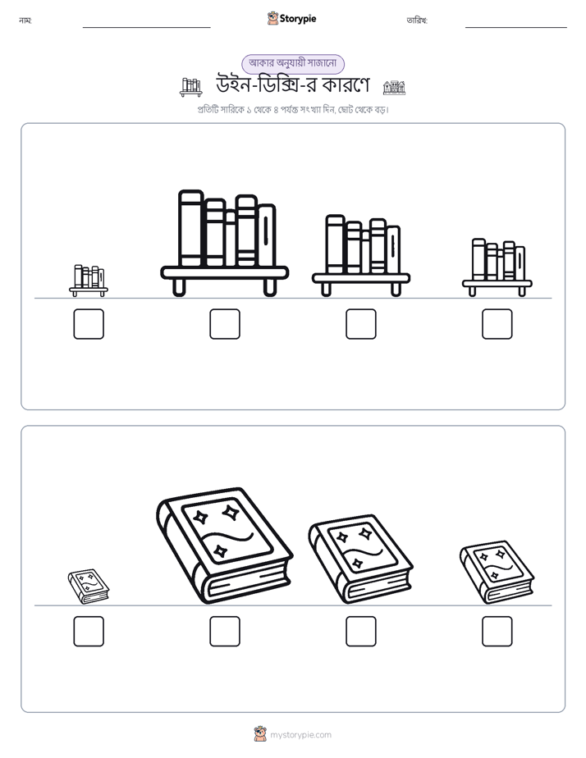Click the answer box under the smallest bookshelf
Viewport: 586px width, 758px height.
point(89,324)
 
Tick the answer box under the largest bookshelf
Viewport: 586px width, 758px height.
point(225,324)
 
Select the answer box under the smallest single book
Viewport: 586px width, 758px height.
point(89,632)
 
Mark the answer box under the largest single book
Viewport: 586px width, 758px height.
point(225,632)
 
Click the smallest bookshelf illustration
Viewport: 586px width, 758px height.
point(89,281)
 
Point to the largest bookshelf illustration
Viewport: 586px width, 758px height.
point(225,243)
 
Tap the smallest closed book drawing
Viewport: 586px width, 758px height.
point(89,587)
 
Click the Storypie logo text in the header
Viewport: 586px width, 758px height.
point(298,19)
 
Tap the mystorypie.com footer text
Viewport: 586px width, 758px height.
point(300,735)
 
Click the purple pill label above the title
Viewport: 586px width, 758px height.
point(293,63)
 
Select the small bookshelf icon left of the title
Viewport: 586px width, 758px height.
point(191,87)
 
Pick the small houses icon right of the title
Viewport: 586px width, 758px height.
point(394,88)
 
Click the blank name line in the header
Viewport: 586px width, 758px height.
point(146,28)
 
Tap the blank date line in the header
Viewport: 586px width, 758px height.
point(516,28)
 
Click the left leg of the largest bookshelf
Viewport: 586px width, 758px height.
point(179,287)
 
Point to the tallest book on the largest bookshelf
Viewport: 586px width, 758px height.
point(191,228)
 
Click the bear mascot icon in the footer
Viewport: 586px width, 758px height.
point(260,734)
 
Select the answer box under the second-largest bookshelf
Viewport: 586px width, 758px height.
point(361,324)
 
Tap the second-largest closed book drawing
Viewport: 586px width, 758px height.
point(360,559)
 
